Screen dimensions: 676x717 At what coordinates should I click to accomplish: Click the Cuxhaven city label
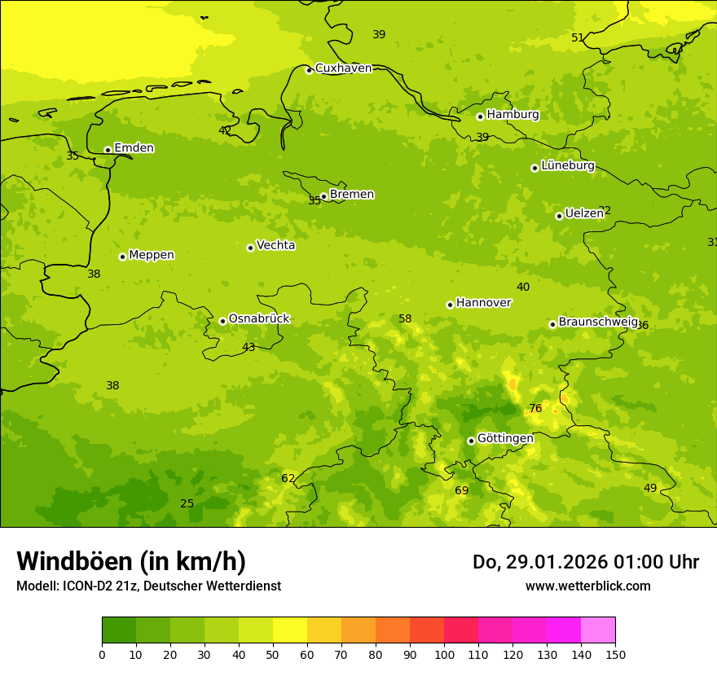343,68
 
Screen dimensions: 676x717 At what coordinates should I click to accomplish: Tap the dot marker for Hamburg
480,116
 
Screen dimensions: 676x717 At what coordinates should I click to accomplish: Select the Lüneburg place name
568,165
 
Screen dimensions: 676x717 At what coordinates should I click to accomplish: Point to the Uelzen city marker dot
559,216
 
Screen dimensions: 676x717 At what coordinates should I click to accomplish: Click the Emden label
134,148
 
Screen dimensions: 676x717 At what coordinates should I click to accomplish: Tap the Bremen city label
352,195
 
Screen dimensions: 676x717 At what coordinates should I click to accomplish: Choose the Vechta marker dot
250,248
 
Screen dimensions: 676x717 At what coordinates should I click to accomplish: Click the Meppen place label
152,255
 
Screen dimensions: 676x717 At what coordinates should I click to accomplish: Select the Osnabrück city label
259,318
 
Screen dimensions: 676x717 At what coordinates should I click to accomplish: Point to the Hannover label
483,303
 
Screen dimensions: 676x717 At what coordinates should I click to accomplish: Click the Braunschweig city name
597,323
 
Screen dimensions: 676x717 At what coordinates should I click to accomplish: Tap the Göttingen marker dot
471,441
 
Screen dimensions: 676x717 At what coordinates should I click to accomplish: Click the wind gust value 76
535,409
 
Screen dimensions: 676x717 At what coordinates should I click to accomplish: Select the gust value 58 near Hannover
405,319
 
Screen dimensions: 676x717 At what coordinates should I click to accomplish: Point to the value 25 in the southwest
187,504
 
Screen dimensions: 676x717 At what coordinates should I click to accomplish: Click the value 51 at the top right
578,38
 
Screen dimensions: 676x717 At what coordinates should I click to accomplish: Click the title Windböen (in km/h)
131,561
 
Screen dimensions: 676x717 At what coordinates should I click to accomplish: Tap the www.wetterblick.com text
587,586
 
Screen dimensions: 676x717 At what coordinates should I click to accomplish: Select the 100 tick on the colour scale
444,654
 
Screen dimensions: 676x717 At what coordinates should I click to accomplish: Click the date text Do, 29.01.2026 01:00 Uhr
585,562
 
